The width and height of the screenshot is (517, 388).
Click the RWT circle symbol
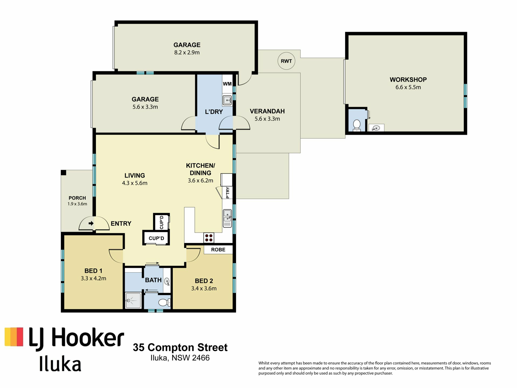pyautogui.click(x=286, y=61)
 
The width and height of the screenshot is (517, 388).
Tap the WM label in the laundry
pyautogui.click(x=227, y=84)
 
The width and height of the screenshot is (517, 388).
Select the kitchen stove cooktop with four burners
pyautogui.click(x=209, y=238)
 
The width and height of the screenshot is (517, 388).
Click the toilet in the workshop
pyautogui.click(x=357, y=125)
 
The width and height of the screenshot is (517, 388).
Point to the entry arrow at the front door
pyautogui.click(x=91, y=223)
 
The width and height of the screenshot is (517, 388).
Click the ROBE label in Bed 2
pyautogui.click(x=218, y=250)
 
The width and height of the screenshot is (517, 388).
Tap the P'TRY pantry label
pyautogui.click(x=228, y=193)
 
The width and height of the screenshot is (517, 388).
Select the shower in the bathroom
pyautogui.click(x=133, y=300)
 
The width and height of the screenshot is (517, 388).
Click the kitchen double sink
pyautogui.click(x=227, y=218)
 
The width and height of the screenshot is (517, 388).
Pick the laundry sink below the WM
pyautogui.click(x=227, y=101)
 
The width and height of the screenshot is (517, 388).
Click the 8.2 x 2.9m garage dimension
pyautogui.click(x=187, y=53)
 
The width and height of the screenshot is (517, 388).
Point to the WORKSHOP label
pyautogui.click(x=408, y=80)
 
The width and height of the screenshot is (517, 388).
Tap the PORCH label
pyautogui.click(x=77, y=198)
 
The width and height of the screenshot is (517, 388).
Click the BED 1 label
pyautogui.click(x=93, y=271)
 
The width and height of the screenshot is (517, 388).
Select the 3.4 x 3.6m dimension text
pyautogui.click(x=204, y=289)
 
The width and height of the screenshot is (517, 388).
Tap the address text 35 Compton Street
pyautogui.click(x=180, y=348)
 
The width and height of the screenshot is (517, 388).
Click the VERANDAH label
pyautogui.click(x=267, y=111)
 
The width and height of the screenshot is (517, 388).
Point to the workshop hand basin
pyautogui.click(x=376, y=128)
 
